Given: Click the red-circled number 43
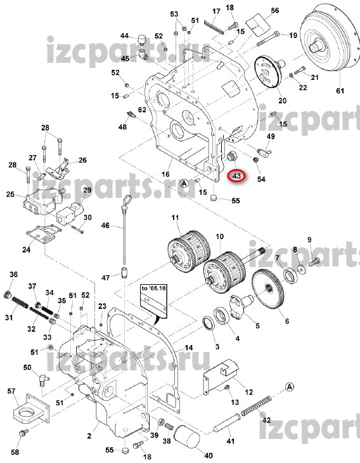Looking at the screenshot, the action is point(236,176).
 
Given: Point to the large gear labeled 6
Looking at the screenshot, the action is point(268,290).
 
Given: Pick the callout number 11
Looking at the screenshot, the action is point(176,218).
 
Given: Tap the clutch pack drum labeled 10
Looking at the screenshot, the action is point(224,271).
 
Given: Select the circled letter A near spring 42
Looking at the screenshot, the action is point(290,386).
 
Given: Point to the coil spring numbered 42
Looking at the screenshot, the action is point(256,405).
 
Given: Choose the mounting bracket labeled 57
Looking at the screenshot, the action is point(31,409).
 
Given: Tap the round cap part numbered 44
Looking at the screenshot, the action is point(143,39).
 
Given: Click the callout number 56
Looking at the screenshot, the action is point(274,11).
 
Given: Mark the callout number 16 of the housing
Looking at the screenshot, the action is point(165,174).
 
